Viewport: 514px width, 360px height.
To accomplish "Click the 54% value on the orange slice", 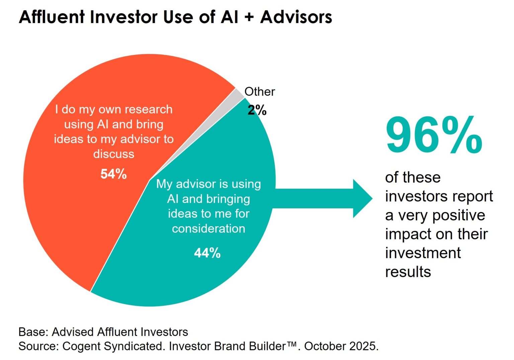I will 113,174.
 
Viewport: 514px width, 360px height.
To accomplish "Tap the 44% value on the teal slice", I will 207,253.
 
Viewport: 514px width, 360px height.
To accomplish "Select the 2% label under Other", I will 257,110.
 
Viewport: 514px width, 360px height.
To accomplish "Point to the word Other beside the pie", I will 260,92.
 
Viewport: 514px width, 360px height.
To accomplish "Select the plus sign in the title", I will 249,17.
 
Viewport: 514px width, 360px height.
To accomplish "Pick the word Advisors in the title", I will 296,17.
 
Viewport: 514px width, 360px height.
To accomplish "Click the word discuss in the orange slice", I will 113,154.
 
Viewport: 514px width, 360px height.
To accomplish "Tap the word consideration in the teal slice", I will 208,228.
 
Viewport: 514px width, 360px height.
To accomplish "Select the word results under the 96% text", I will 408,272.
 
